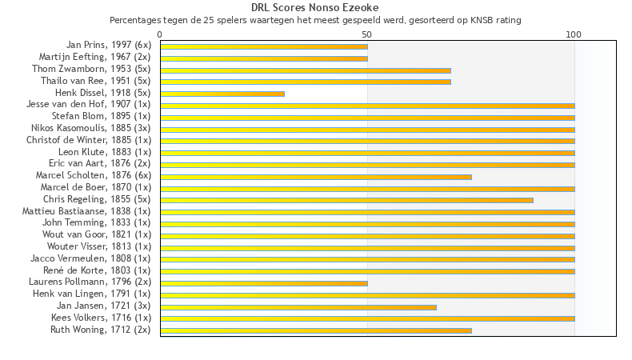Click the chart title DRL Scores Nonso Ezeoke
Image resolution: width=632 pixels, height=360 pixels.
click(315, 7)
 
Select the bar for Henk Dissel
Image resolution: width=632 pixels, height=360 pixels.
click(222, 94)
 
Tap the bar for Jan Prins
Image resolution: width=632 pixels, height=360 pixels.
click(264, 46)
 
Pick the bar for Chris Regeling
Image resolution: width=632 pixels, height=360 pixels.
click(346, 200)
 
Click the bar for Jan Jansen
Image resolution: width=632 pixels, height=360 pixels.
click(298, 306)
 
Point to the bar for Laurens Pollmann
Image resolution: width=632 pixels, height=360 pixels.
click(264, 283)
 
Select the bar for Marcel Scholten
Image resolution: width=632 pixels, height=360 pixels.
click(316, 177)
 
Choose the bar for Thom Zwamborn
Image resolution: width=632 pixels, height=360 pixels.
click(306, 70)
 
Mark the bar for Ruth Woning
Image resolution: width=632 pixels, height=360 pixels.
click(316, 330)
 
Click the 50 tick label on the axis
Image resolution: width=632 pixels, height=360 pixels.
click(367, 34)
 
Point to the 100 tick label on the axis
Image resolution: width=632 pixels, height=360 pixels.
click(574, 34)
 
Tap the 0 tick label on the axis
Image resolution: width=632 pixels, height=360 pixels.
click(160, 34)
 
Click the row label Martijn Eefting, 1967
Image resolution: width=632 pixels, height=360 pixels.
click(94, 58)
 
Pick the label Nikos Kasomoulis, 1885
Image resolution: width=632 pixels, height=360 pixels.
click(90, 129)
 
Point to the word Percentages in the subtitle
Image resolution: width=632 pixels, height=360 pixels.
click(133, 20)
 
